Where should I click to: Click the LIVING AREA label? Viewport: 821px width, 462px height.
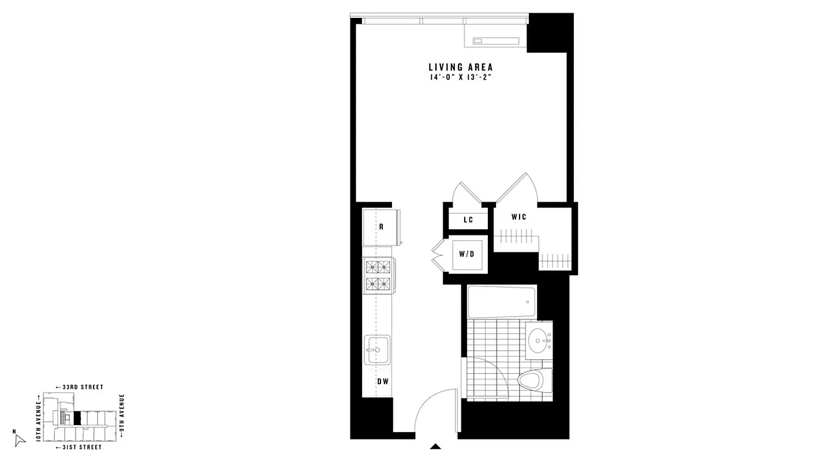460,67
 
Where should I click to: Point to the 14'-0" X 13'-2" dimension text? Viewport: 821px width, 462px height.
460,77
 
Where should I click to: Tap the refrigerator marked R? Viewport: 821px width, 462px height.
381,227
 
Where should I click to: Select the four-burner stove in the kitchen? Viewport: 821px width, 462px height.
377,274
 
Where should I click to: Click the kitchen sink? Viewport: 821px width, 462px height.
377,349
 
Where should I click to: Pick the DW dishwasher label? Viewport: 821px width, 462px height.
382,381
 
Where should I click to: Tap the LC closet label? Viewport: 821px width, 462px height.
468,220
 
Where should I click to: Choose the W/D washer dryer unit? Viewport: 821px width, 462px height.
467,254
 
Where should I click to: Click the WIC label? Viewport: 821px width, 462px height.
518,217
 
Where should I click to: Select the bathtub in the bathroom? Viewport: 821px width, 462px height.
501,301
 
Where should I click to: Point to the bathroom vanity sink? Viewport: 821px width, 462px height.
539,340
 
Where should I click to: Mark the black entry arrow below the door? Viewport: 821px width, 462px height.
436,446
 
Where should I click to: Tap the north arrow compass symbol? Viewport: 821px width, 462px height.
20,439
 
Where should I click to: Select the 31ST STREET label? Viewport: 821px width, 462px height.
79,447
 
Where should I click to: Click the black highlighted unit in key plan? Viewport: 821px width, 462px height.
77,418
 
